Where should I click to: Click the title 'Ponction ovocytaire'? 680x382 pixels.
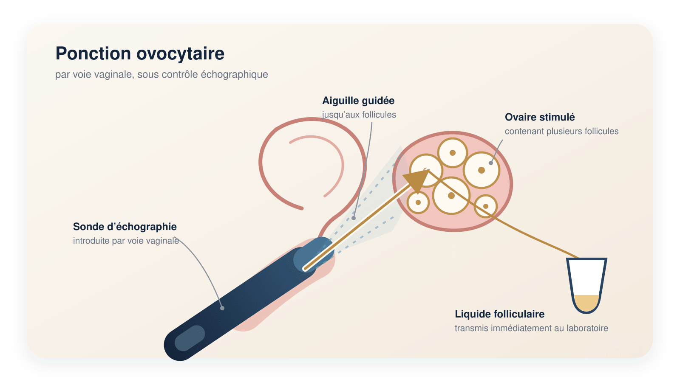point(140,53)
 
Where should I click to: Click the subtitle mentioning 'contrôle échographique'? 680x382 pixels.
point(161,75)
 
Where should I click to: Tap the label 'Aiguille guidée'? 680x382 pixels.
point(358,101)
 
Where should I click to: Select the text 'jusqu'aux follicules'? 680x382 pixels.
point(359,115)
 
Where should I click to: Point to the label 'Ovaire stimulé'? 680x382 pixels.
point(540,117)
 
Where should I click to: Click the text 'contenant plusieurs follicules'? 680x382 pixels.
point(561,131)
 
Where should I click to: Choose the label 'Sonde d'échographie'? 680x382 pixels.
point(125,227)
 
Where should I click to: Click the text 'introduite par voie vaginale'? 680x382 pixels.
point(126,241)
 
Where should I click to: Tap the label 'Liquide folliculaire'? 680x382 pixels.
point(500,314)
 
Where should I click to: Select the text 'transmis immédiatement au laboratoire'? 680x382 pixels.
point(531,329)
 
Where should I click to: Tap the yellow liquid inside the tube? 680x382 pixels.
point(586,303)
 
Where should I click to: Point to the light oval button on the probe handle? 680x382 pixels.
point(190,338)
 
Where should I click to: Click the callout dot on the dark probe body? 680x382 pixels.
point(222,308)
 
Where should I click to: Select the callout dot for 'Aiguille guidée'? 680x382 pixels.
point(353,218)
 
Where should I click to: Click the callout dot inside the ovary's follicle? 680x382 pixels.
point(491,163)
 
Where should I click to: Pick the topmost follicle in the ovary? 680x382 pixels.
point(452,153)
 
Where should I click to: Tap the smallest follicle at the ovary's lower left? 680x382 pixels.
point(418,202)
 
